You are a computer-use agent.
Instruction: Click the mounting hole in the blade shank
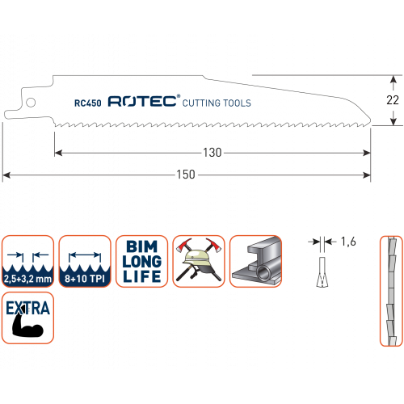coord(31,103)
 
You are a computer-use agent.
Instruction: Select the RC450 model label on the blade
coord(88,103)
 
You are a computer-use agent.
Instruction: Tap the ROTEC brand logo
coord(144,101)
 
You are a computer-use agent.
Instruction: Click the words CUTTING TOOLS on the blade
coord(217,103)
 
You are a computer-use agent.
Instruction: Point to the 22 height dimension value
coord(393,100)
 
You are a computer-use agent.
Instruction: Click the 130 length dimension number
coord(213,153)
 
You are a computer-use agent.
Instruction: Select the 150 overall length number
coord(186,175)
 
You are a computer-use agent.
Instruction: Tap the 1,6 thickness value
coord(348,242)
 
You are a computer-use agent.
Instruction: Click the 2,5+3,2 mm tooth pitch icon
coord(27,261)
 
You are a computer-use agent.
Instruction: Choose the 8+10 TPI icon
coord(85,261)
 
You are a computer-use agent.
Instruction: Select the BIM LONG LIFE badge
coord(141,261)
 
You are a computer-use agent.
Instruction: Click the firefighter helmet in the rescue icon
coord(196,258)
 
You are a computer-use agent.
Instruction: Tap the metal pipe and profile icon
coord(255,261)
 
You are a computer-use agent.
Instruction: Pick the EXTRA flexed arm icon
coord(27,318)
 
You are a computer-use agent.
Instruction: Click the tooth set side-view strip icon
coord(391,291)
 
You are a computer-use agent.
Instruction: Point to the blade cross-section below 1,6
coord(322,272)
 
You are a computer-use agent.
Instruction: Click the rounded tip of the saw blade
coord(369,121)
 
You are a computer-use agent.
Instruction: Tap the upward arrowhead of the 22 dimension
coord(393,79)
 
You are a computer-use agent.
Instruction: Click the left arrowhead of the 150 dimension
coord(6,175)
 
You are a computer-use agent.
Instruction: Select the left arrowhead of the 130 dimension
coord(58,153)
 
